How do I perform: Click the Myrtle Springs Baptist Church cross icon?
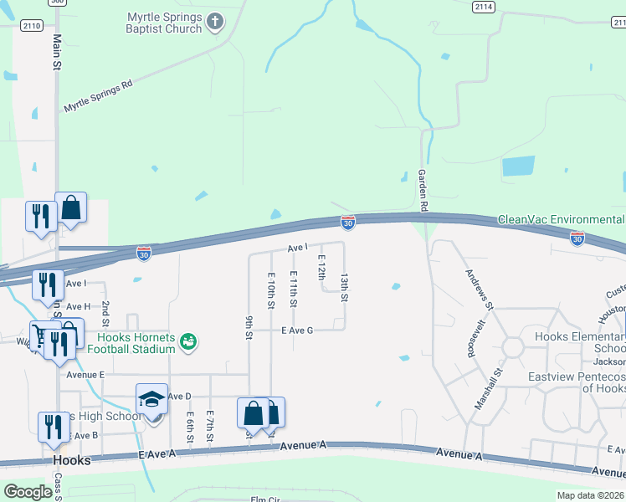(x=215, y=22)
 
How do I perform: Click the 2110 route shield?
(x=33, y=26)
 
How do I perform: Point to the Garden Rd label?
(x=423, y=190)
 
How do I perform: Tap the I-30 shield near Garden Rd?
(x=348, y=223)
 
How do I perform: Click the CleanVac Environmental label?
(x=561, y=220)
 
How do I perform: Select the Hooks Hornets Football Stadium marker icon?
(x=189, y=341)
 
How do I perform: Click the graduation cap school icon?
(x=152, y=398)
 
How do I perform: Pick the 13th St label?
(x=344, y=287)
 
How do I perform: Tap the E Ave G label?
(x=297, y=330)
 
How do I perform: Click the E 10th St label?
(x=271, y=290)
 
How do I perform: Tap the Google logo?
(x=28, y=492)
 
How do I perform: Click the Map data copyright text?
(x=590, y=495)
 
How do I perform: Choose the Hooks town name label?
(x=71, y=461)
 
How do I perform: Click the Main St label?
(x=57, y=52)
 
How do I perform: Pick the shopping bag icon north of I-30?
(x=71, y=207)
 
